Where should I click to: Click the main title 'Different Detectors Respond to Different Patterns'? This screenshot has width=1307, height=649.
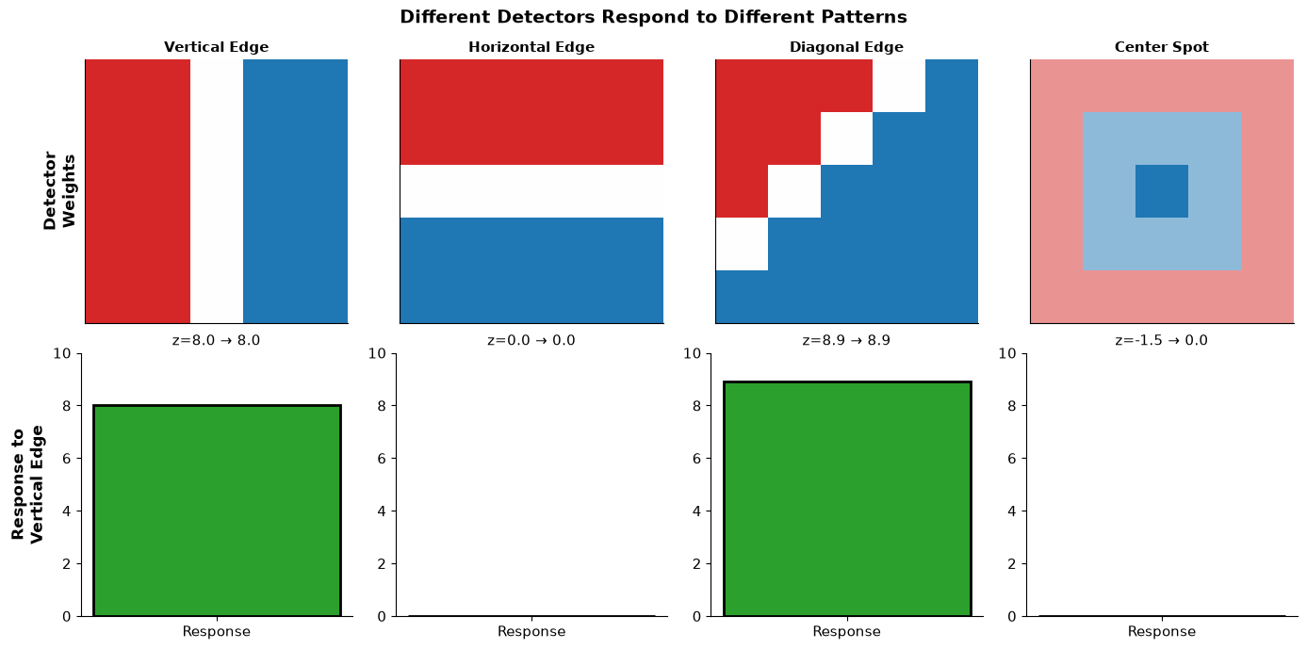(653, 17)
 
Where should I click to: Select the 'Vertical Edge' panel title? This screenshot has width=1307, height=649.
(216, 47)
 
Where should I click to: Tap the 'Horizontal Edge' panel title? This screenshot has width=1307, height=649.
(531, 47)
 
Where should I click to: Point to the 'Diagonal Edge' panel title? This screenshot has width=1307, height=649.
(846, 47)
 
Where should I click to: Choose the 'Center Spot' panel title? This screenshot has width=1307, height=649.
(1161, 47)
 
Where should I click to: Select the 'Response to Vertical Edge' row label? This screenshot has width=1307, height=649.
(27, 484)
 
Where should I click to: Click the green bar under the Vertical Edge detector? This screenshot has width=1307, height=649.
(217, 511)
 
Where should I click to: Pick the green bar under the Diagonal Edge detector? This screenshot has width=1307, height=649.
(847, 498)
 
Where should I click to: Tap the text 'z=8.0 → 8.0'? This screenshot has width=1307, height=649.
(216, 340)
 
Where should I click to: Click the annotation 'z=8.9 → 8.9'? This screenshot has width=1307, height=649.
(846, 340)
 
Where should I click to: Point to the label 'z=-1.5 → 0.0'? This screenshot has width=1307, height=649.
(1161, 340)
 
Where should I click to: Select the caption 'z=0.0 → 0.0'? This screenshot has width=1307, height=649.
(531, 340)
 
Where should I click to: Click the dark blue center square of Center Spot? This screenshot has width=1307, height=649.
(1162, 191)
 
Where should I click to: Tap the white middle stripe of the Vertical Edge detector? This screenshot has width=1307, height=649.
(217, 191)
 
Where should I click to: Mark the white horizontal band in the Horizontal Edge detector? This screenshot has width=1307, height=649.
(531, 191)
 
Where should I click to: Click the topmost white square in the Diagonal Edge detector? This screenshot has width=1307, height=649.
(899, 86)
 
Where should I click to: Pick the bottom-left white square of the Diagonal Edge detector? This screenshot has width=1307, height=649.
(742, 244)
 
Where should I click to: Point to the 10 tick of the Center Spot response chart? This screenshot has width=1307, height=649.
(1007, 353)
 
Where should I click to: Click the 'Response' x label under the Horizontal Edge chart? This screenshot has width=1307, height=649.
(531, 631)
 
